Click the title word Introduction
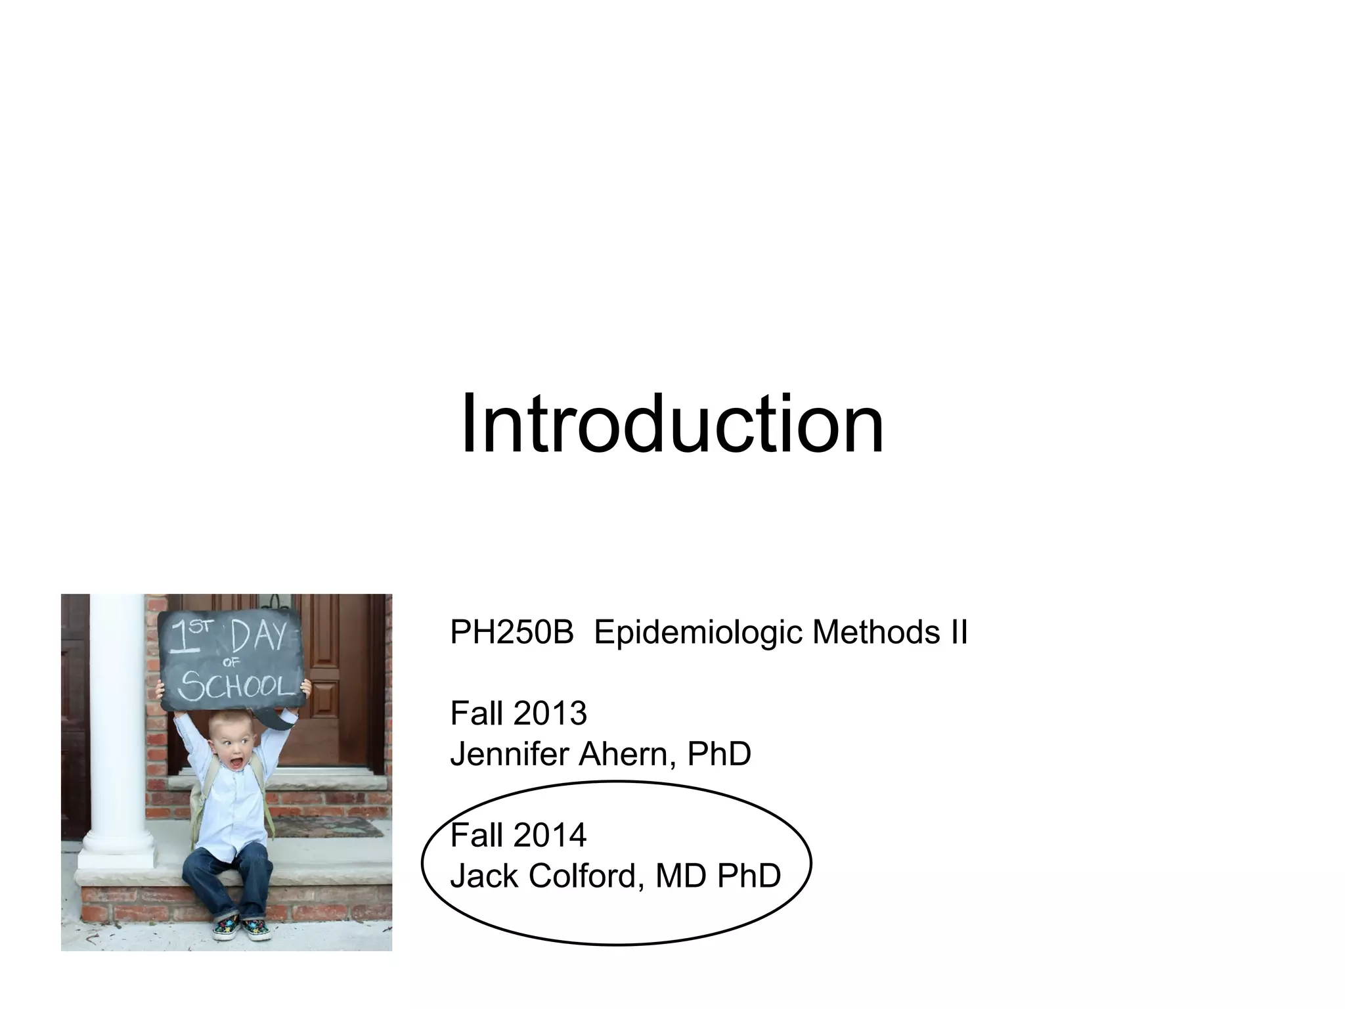point(672,423)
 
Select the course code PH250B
point(512,633)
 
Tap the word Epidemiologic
point(699,633)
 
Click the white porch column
point(119,723)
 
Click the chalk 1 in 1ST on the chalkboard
point(177,639)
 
